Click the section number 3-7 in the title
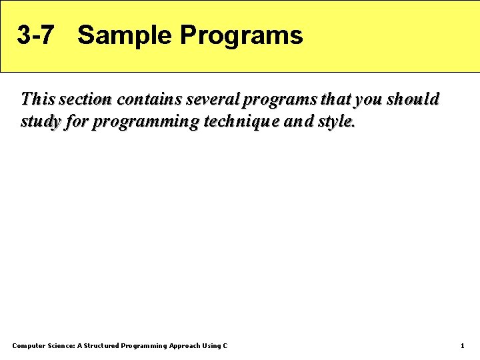coord(35,35)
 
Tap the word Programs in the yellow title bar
coord(241,35)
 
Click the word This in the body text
coord(38,99)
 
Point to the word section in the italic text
coord(85,99)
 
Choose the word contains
coord(148,99)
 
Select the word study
coord(39,123)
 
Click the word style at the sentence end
coord(337,123)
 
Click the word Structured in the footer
coord(102,345)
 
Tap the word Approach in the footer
coord(185,345)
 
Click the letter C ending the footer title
coord(225,345)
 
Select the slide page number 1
coord(462,345)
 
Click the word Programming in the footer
coord(144,345)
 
